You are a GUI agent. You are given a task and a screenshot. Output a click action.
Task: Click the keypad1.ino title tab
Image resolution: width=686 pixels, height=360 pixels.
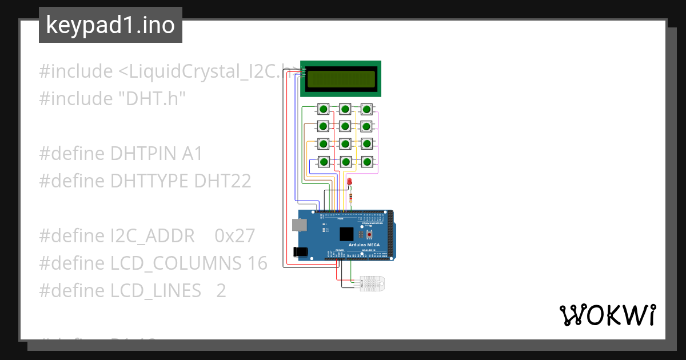110,25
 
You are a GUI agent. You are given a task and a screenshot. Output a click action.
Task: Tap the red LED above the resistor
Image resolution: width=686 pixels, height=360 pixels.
350,182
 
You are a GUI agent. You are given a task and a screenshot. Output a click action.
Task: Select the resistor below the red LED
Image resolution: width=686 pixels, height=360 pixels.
350,198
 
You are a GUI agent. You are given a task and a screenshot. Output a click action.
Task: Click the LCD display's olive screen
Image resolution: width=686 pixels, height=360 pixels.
341,79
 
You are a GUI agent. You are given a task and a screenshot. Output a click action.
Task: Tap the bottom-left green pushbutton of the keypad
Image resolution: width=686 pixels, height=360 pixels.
324,162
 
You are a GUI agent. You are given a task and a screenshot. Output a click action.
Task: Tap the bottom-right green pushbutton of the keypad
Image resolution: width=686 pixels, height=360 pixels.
366,162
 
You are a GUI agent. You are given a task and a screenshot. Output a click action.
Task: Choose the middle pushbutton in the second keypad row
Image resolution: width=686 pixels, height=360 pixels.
345,126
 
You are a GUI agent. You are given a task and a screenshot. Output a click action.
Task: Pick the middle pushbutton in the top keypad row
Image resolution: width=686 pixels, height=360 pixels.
345,109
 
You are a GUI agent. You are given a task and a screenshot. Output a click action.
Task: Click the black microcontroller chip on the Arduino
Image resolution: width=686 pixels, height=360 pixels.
346,234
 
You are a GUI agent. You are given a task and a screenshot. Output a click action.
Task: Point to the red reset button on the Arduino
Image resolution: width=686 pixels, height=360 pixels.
370,234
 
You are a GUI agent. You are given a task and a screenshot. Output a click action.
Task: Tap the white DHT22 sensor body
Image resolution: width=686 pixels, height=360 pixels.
374,282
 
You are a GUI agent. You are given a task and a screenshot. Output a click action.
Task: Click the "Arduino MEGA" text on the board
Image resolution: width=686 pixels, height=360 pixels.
364,245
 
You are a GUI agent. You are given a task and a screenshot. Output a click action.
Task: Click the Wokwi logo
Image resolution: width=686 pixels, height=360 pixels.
607,315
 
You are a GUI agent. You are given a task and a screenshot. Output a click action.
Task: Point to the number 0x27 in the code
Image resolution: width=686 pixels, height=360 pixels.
234,236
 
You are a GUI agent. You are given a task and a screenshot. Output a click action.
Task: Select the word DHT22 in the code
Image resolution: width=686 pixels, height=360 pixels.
222,181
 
